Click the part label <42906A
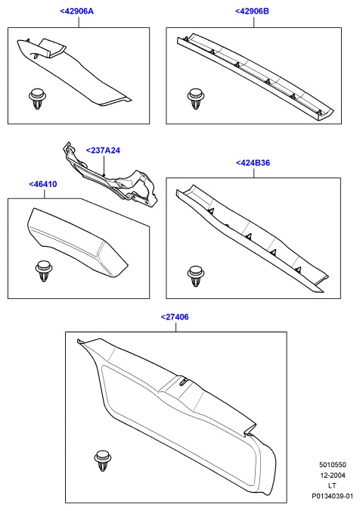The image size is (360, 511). tap(77, 11)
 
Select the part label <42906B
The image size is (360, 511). tap(253, 11)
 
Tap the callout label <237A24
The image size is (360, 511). tap(103, 150)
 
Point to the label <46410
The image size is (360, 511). tap(43, 184)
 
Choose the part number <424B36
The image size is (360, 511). tap(253, 163)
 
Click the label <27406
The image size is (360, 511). tap(175, 316)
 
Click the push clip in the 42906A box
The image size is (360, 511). tap(37, 98)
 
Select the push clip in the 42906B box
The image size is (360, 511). tap(196, 98)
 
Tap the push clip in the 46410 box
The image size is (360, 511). tap(44, 271)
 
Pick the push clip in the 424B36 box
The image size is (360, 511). tap(196, 276)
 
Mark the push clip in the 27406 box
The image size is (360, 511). tap(103, 461)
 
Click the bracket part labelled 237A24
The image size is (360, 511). tap(110, 176)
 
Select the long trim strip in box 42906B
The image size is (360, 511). tap(255, 77)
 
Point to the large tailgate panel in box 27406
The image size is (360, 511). tap(175, 417)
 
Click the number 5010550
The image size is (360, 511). tap(332, 465)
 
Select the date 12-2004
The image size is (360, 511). tap(332, 475)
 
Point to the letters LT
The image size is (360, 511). tap(332, 485)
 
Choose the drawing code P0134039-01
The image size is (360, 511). tap(332, 497)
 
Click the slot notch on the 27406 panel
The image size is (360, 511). tap(183, 382)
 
